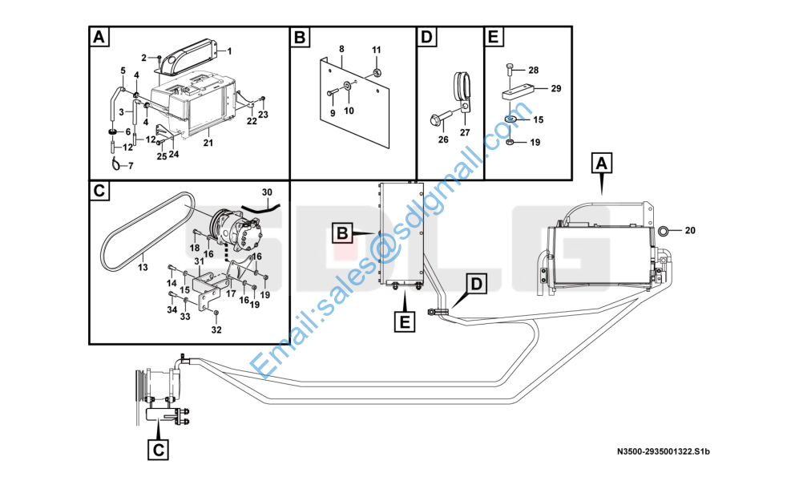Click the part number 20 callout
point(691,232)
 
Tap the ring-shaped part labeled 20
point(664,232)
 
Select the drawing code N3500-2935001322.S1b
point(664,452)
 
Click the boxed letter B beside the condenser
point(342,234)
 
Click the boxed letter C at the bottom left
point(159,451)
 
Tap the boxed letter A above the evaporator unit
point(603,164)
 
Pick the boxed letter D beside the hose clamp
point(477,284)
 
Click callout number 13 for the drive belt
point(143,268)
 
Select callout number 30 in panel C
point(267,192)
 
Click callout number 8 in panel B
point(341,50)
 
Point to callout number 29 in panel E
point(555,87)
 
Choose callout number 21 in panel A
point(208,143)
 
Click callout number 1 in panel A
point(228,51)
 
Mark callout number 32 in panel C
point(216,329)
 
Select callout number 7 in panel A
point(131,166)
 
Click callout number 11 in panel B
point(377,51)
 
